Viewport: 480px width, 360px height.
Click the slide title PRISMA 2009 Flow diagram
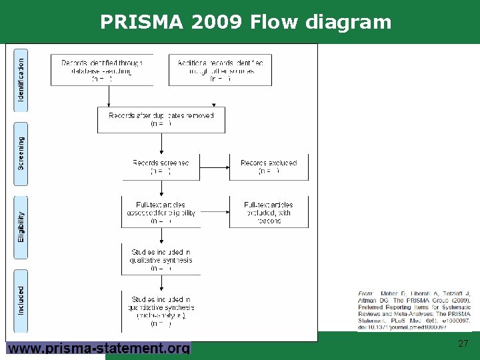pyautogui.click(x=245, y=23)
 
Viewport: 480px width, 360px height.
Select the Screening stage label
pyautogui.click(x=21, y=153)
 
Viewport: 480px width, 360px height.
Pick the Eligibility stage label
pyautogui.click(x=21, y=227)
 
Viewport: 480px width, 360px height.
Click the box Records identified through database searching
pyautogui.click(x=102, y=71)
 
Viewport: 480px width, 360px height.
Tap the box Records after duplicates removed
pyautogui.click(x=161, y=119)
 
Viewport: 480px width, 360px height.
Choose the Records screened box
pyautogui.click(x=161, y=167)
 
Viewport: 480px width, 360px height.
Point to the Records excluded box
pyautogui.click(x=269, y=167)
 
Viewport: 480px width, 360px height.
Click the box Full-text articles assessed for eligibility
pyautogui.click(x=161, y=213)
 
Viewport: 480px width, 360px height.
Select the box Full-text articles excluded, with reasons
pyautogui.click(x=269, y=213)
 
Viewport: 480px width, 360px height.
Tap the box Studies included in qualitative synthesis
pyautogui.click(x=161, y=260)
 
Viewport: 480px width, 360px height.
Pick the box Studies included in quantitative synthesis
pyautogui.click(x=161, y=311)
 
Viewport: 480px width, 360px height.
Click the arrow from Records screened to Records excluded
pyautogui.click(x=214, y=167)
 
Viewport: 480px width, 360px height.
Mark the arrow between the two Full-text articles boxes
pyautogui.click(x=214, y=213)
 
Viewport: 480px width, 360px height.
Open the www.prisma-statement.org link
pyautogui.click(x=99, y=348)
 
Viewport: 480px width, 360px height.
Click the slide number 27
pyautogui.click(x=463, y=344)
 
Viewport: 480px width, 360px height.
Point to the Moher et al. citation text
pyautogui.click(x=414, y=311)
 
